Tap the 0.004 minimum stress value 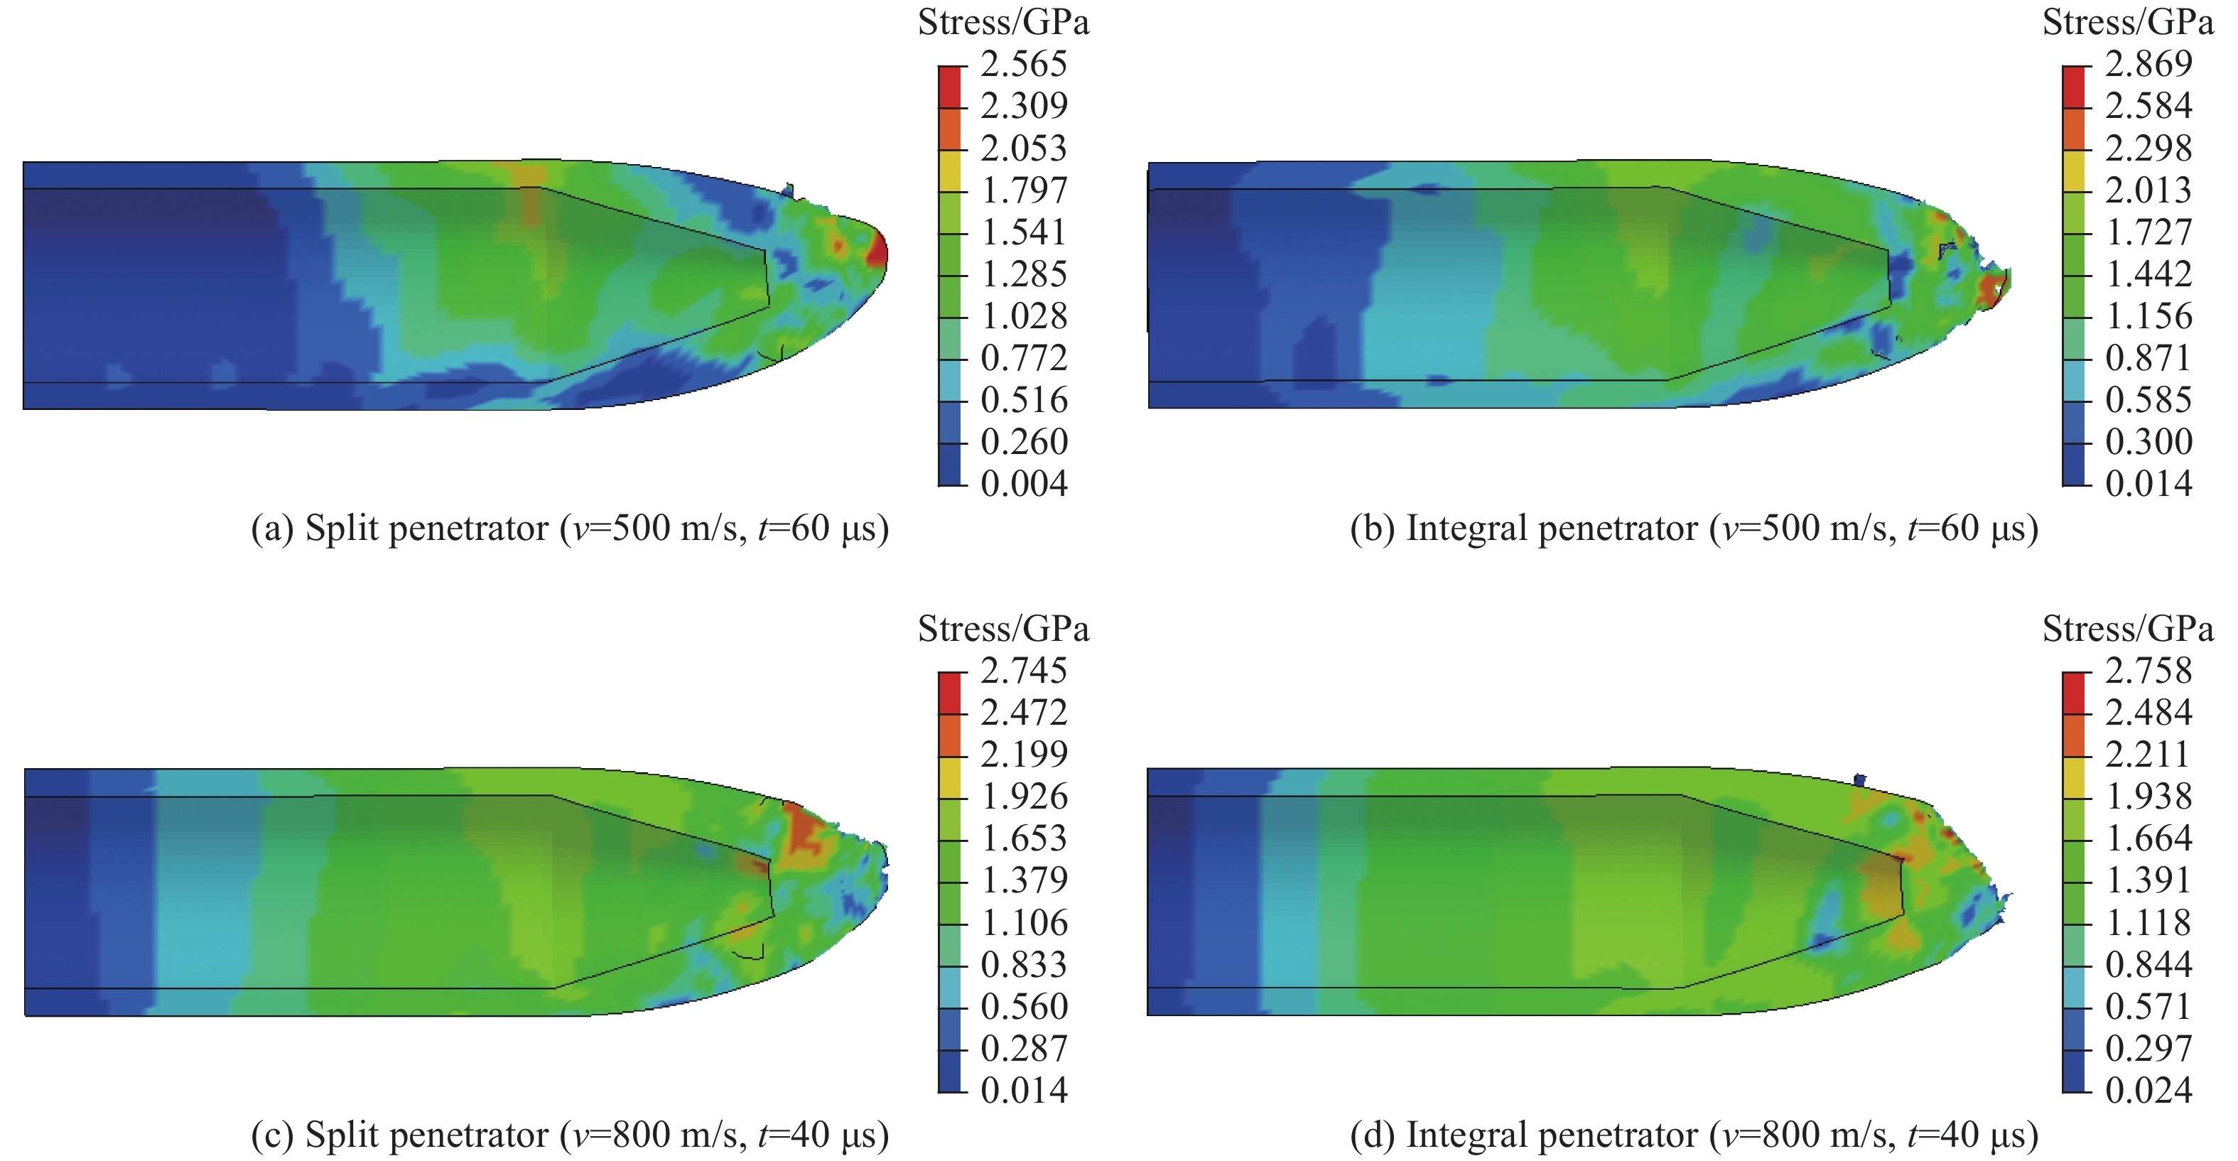click(1023, 483)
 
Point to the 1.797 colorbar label click(1023, 190)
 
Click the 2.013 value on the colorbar click(2148, 190)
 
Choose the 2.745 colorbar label click(1023, 671)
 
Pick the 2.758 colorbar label click(2148, 671)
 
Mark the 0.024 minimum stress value click(2148, 1090)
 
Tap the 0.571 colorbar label click(2148, 1006)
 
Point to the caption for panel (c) click(570, 1135)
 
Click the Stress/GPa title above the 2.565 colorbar click(1003, 23)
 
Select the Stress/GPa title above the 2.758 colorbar click(2128, 629)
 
